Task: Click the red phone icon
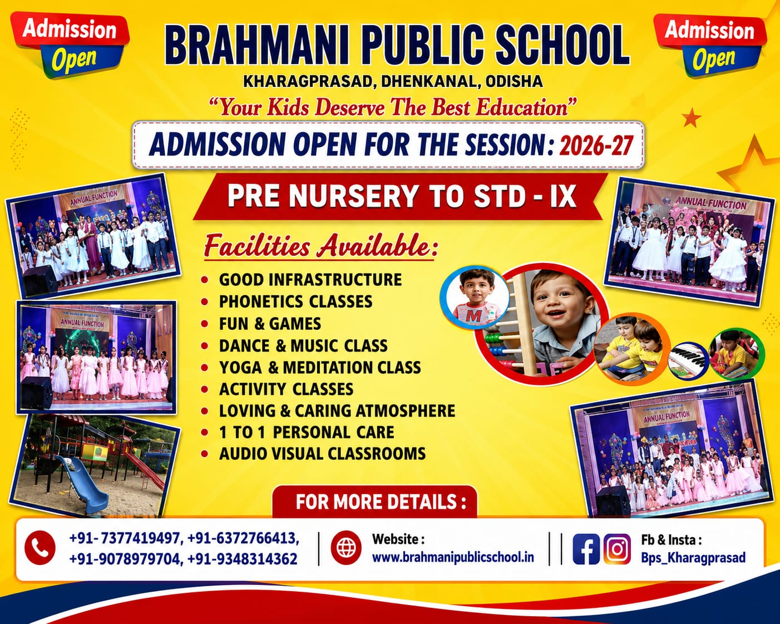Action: coord(40,548)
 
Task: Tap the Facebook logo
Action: coord(586,549)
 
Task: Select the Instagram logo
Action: coord(617,549)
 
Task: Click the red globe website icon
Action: coord(346,548)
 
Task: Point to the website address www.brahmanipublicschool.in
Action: coord(453,557)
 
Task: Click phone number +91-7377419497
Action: coord(126,538)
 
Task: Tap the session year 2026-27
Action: coord(596,145)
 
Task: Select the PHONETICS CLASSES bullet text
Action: coord(295,301)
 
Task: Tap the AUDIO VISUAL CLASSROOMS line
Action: coord(322,454)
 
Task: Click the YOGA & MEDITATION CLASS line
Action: coord(320,368)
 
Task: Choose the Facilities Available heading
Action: coord(321,246)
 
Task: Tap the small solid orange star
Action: coord(691,118)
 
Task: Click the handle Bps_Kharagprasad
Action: coord(693,558)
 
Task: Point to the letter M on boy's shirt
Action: coord(473,316)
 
